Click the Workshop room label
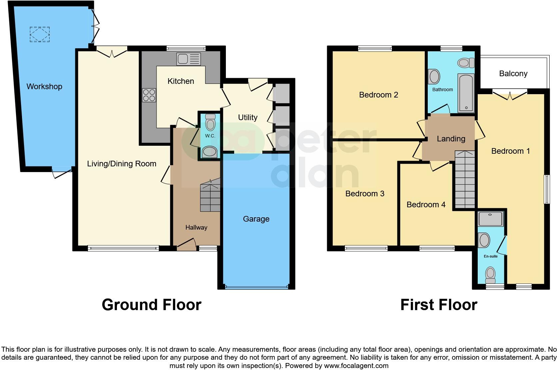coord(44,87)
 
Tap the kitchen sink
coord(189,59)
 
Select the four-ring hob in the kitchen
coord(149,95)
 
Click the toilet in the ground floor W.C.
coord(210,123)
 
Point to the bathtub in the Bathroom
coord(465,93)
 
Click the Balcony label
coord(513,74)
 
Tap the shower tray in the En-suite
coord(490,219)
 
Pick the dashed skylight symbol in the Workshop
coord(40,34)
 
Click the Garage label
coord(256,219)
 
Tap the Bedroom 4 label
coord(426,205)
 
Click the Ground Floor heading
coord(151,305)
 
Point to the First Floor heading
coord(438,305)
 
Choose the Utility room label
coord(248,117)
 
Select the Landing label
coord(451,139)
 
